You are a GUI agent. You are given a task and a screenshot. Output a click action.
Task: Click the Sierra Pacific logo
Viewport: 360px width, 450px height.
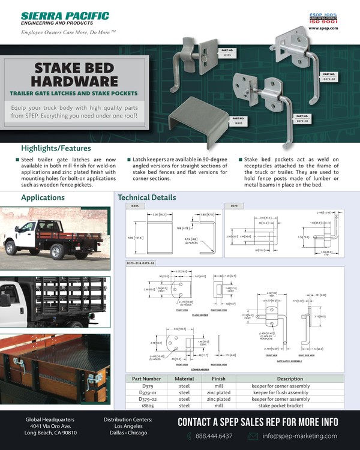click(65, 18)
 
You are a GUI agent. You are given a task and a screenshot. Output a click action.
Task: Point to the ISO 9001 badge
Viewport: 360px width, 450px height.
click(325, 20)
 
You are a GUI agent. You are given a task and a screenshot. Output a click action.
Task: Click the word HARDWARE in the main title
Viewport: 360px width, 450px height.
click(75, 80)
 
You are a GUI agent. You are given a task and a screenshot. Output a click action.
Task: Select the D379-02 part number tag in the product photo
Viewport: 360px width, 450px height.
click(329, 76)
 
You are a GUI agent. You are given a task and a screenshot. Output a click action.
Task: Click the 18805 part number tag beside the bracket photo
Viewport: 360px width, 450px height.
click(238, 121)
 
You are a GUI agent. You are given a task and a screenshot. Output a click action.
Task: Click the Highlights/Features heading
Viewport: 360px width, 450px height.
click(56, 148)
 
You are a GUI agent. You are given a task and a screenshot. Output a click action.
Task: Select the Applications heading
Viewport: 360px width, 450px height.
click(43, 197)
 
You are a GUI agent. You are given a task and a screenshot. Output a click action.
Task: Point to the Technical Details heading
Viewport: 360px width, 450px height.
click(147, 197)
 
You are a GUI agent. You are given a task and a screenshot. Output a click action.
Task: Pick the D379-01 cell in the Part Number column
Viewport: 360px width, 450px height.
click(147, 392)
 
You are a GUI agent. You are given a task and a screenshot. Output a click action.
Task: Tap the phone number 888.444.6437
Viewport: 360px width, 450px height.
click(215, 436)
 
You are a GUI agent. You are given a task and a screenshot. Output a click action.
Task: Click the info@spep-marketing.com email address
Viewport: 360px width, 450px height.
click(301, 436)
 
